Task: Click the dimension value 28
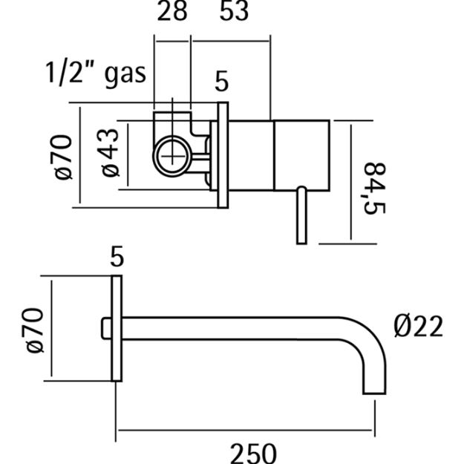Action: (x=172, y=10)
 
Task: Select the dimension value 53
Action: (x=234, y=10)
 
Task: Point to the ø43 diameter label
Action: (x=110, y=153)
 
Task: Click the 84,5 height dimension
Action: (x=374, y=189)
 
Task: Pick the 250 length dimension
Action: (x=253, y=454)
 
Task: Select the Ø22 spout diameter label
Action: (x=419, y=326)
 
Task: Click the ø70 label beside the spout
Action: (x=33, y=330)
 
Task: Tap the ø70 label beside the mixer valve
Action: (x=63, y=157)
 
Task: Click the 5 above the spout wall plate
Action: (x=117, y=257)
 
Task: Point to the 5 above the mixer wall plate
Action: (x=222, y=81)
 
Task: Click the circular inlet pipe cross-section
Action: (x=172, y=156)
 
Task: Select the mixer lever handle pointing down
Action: (x=301, y=215)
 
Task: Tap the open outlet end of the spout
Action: (x=374, y=393)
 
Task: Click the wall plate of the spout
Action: (x=117, y=328)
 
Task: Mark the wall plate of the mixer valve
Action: (x=223, y=155)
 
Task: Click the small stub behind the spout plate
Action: (x=106, y=328)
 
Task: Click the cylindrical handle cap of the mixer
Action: (x=302, y=156)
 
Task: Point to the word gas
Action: (x=125, y=76)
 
